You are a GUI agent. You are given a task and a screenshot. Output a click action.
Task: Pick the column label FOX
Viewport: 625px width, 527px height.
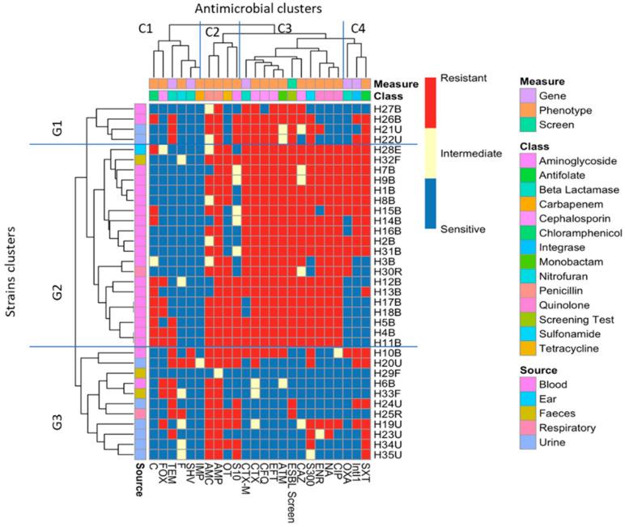point(163,473)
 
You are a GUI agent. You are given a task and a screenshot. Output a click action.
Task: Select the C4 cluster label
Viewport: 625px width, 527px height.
point(356,29)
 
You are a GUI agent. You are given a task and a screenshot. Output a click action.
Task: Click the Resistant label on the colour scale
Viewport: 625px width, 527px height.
point(465,79)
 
